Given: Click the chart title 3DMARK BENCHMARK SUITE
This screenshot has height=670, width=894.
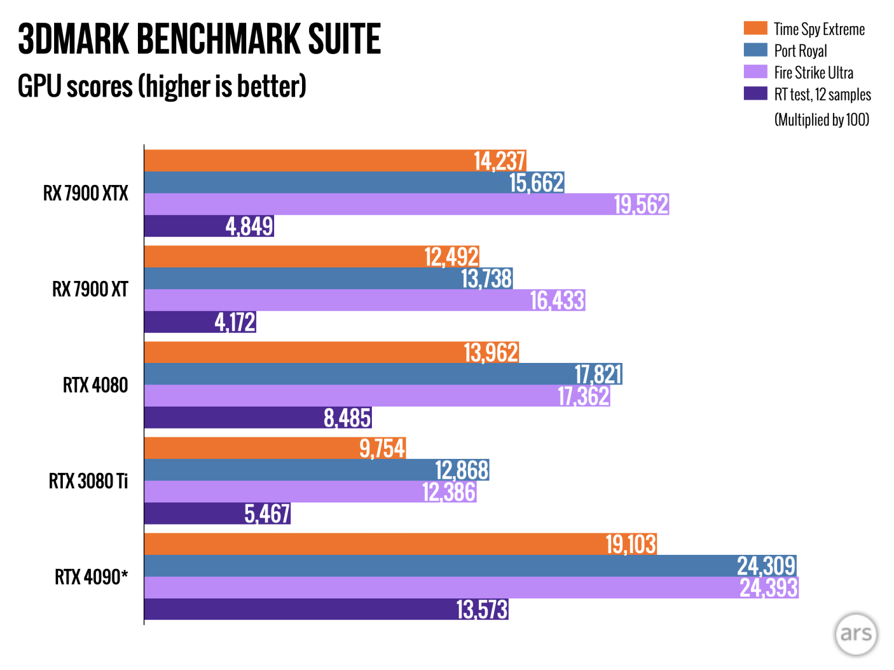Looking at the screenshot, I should coord(199,40).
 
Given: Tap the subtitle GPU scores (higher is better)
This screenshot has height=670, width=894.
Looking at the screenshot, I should coord(162,87).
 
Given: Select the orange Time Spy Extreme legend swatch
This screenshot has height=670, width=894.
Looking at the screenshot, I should coord(755,28).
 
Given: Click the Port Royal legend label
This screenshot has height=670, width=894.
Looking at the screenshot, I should coord(800,51).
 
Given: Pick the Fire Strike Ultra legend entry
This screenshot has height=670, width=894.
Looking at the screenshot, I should coord(813,73).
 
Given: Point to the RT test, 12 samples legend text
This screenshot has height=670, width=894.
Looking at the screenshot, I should coord(822,94).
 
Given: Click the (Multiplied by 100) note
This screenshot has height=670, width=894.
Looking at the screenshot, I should coord(821,120).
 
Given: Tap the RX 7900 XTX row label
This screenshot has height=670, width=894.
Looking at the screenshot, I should coord(86,193).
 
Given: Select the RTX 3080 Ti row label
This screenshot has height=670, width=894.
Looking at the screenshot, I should coord(88,481).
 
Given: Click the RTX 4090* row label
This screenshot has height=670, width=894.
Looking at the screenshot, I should coord(91,577).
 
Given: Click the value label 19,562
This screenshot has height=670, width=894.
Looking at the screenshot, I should coord(641,205).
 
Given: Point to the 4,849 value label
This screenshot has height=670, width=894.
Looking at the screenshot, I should coord(249,226).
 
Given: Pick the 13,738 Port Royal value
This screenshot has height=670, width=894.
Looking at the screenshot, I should coord(487,279).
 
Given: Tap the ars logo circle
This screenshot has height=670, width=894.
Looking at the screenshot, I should coord(855,634).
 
